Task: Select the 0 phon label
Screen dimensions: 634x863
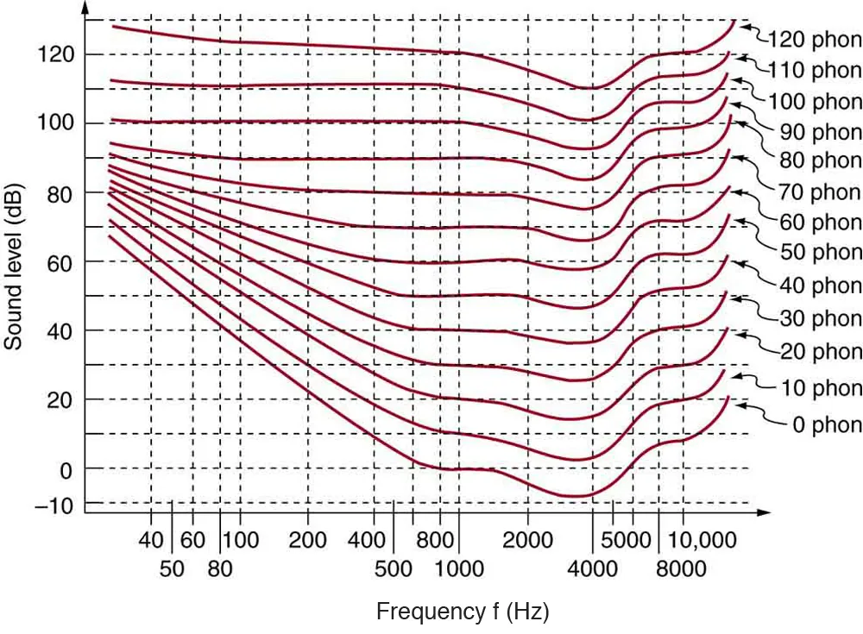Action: (x=825, y=424)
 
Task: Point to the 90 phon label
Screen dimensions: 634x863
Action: (x=821, y=131)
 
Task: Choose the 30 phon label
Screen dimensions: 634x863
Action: (x=821, y=318)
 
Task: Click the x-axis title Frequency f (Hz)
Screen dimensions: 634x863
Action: (x=463, y=612)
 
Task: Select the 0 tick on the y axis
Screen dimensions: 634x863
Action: (x=66, y=468)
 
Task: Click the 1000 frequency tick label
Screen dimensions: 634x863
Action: (x=458, y=568)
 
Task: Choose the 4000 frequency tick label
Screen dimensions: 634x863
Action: (x=592, y=568)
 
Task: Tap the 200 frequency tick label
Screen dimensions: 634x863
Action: (x=307, y=541)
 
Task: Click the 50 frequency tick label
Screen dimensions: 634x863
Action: (x=172, y=568)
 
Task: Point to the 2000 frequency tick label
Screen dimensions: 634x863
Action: (x=527, y=541)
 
